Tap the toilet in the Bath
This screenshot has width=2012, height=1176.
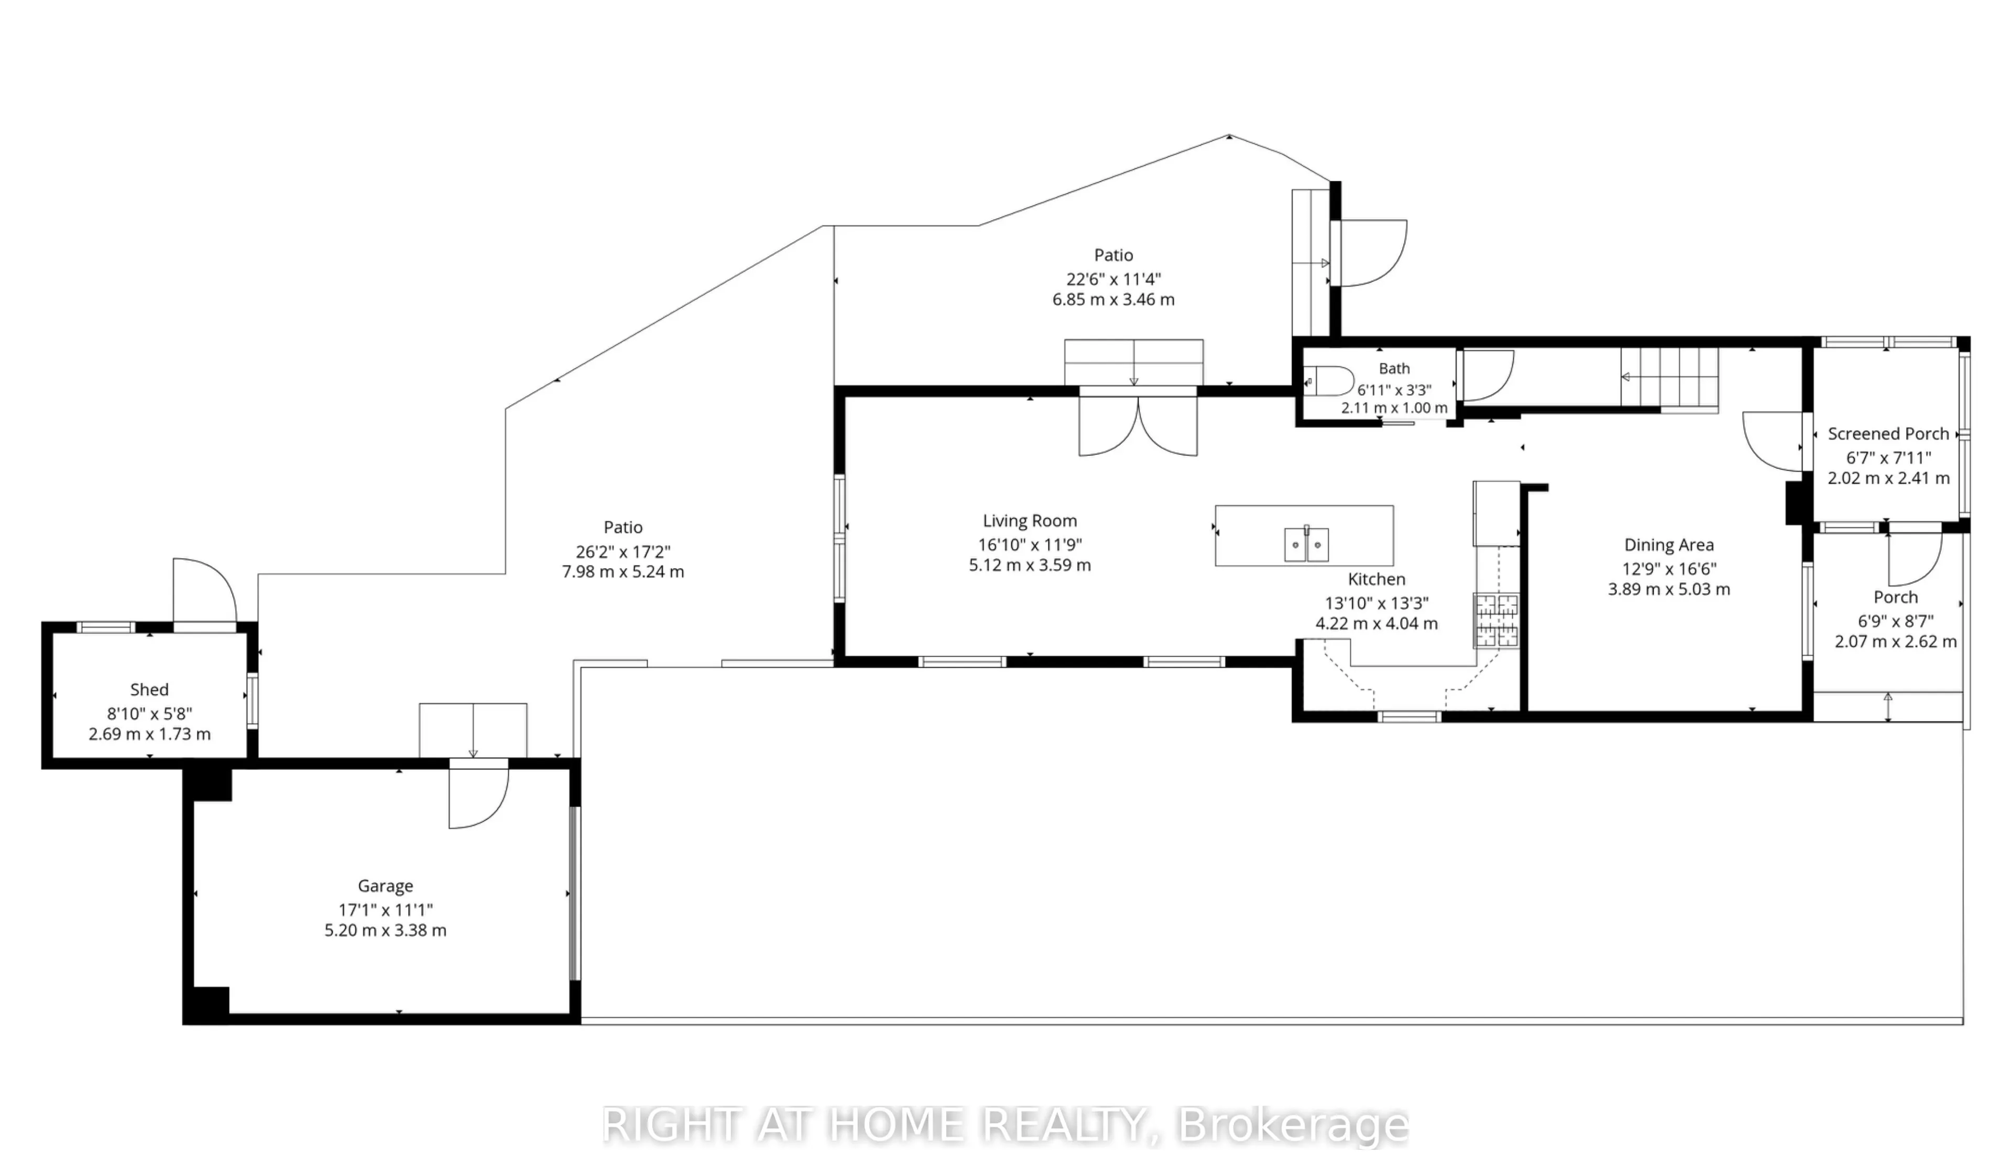click(x=1328, y=382)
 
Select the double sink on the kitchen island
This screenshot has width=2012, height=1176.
click(x=1306, y=545)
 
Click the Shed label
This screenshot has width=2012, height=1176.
click(x=149, y=689)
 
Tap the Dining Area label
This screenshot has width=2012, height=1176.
click(x=1669, y=545)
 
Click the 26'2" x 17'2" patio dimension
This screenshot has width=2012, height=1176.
click(x=623, y=551)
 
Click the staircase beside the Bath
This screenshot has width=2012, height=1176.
click(x=1669, y=380)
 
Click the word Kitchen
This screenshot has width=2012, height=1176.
click(x=1376, y=579)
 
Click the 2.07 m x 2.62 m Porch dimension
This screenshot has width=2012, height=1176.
click(x=1896, y=641)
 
